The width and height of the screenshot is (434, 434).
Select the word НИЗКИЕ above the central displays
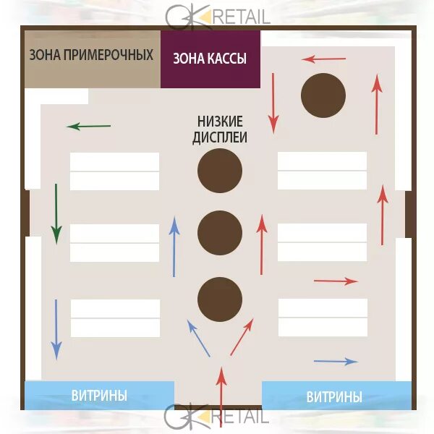coord(220,122)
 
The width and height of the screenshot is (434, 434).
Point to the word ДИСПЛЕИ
coord(220,137)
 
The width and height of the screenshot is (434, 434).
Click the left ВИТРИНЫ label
coord(99,396)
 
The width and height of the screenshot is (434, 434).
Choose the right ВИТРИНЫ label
coord(334,397)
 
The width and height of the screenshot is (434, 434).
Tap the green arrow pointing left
coord(88,127)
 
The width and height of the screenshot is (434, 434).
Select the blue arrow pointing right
coord(336,361)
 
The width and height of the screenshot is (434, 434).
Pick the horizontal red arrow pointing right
coord(336,281)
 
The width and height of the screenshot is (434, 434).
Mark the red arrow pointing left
coord(324,59)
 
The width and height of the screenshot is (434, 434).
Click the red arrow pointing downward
coord(273,102)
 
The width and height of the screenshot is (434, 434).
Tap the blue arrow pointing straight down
coord(56,329)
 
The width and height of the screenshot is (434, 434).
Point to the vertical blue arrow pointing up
coord(174,247)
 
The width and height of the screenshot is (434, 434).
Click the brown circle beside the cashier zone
coord(323,95)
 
